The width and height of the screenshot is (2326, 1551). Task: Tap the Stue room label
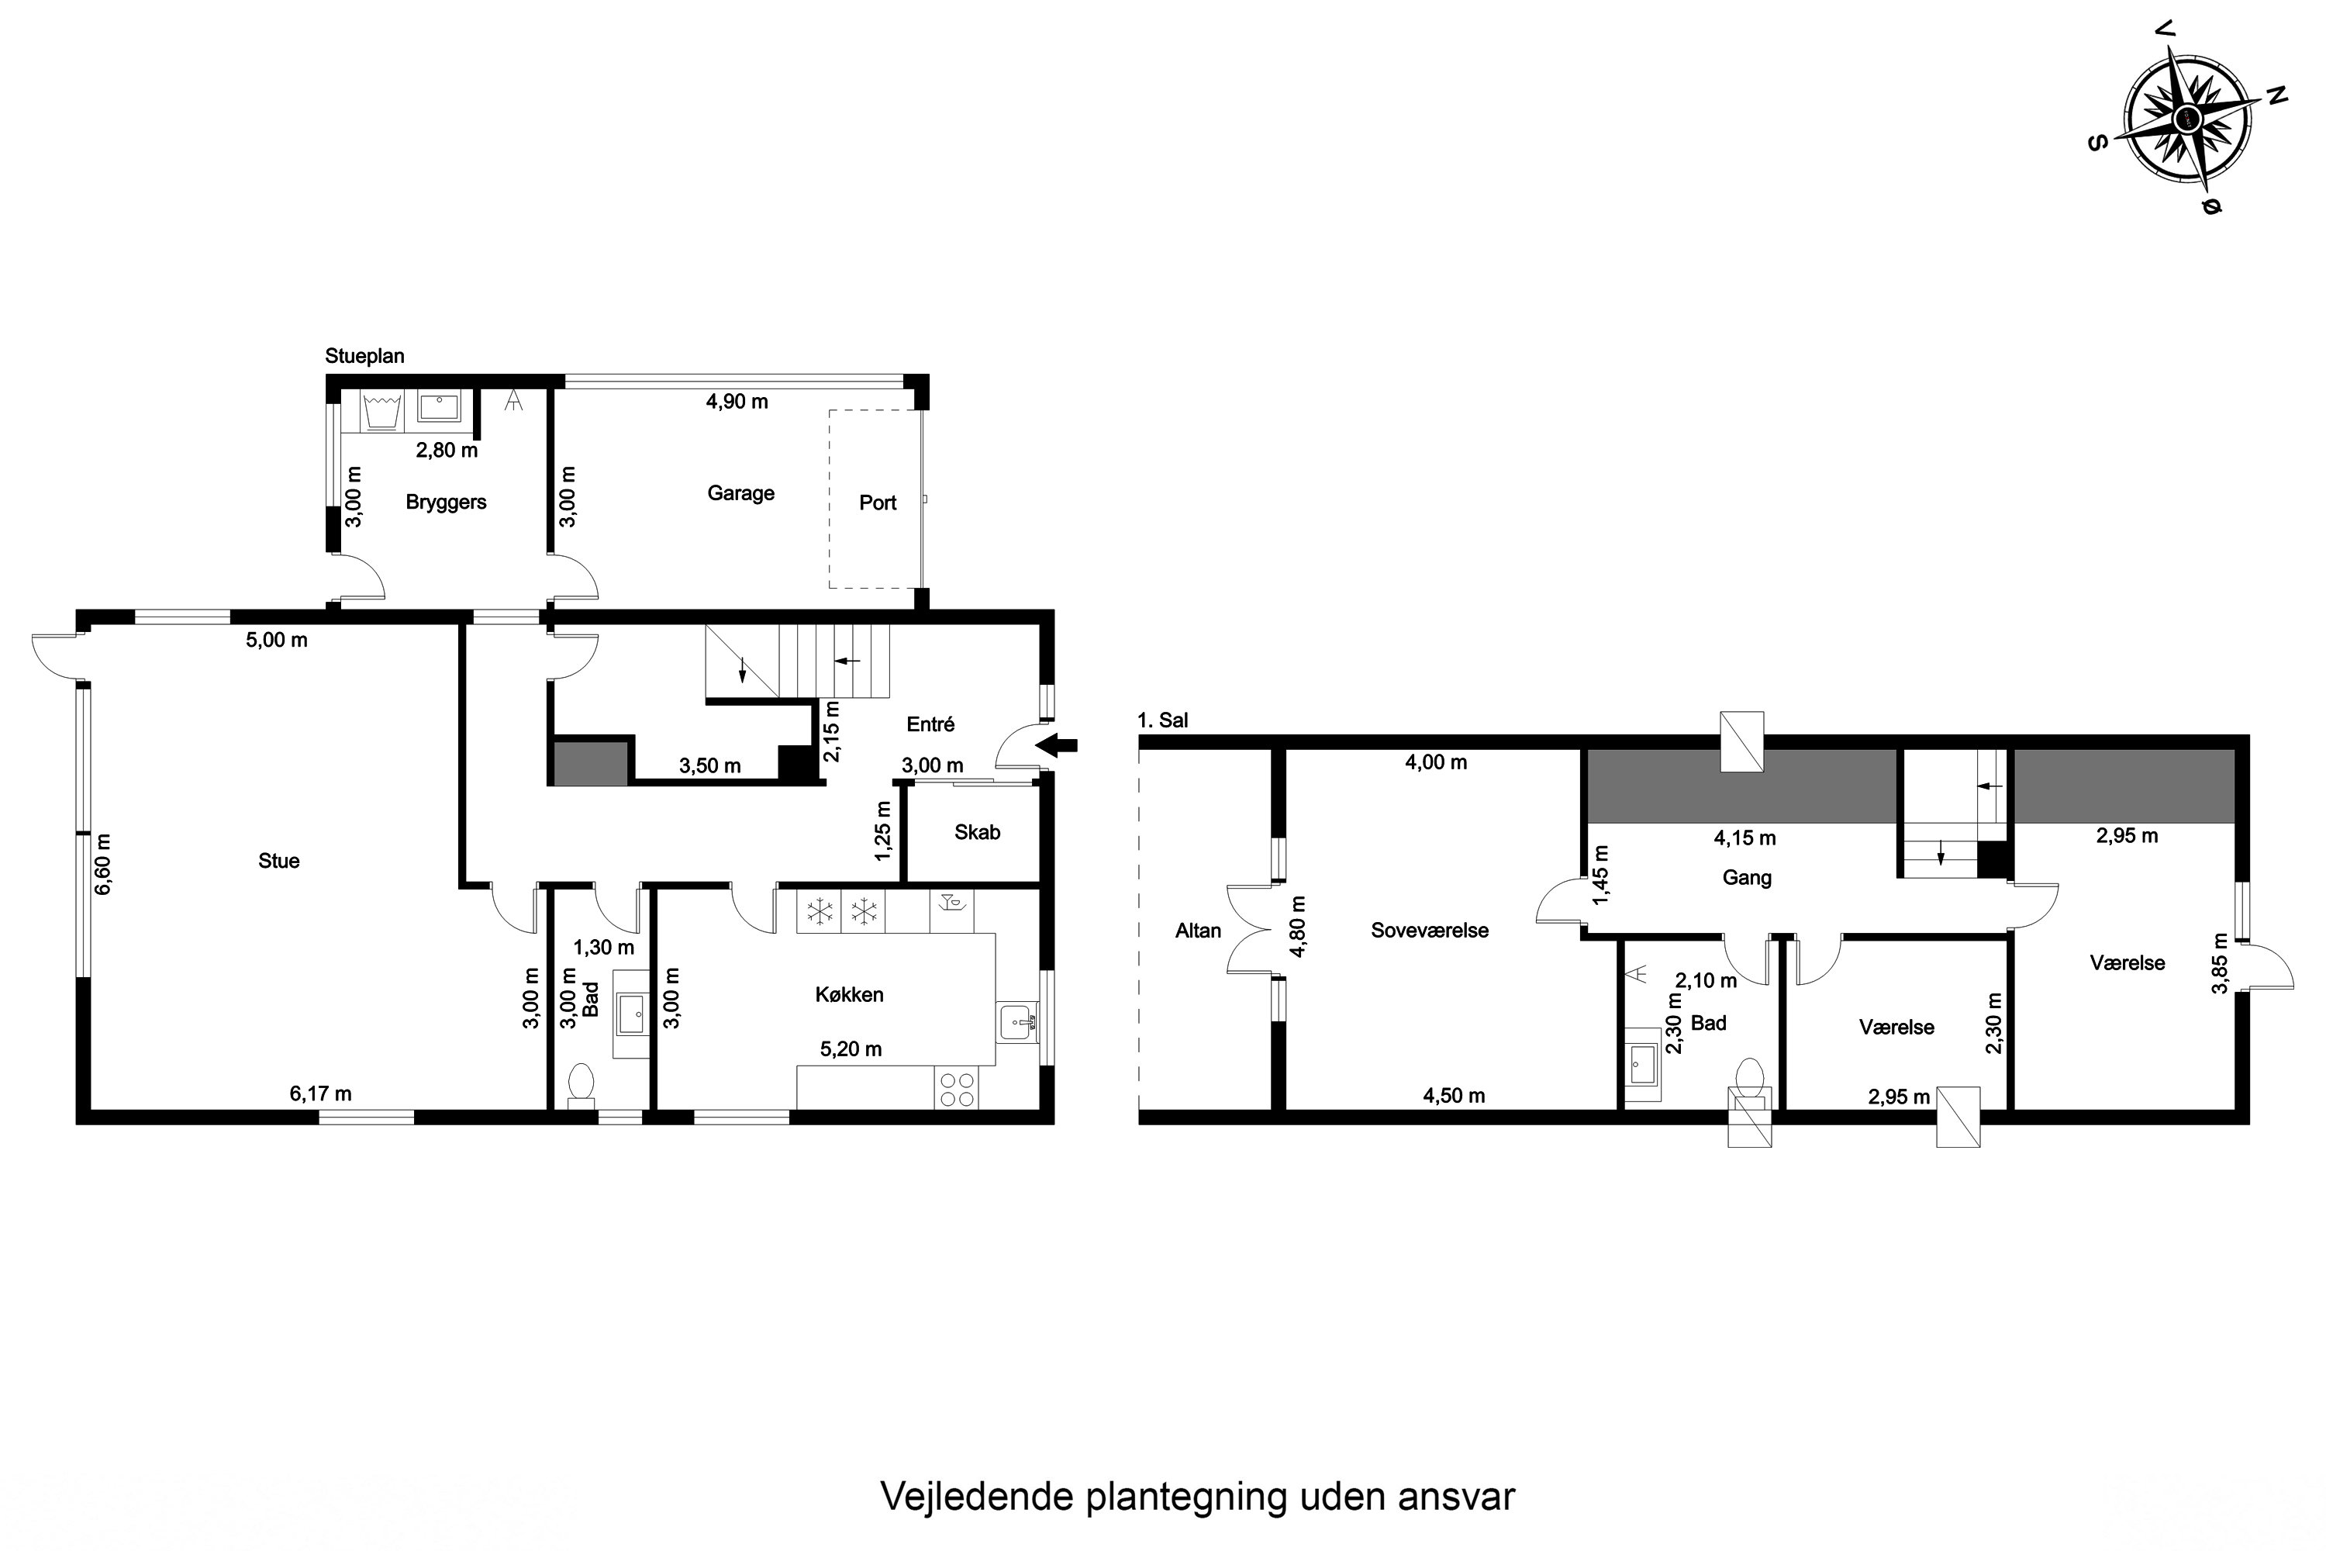279,861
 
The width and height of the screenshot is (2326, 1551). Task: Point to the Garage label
740,492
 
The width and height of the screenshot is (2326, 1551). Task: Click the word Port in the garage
877,503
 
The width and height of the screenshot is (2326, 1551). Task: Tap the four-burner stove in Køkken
956,1089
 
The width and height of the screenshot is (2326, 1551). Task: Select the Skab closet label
977,832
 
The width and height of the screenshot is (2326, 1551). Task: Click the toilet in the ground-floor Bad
581,1083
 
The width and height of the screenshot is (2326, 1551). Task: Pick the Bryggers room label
446,502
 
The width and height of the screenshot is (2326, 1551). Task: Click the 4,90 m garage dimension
737,402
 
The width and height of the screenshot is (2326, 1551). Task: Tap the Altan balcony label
1198,930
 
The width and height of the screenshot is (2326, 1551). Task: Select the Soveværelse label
1429,930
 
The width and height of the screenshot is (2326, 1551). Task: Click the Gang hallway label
1747,877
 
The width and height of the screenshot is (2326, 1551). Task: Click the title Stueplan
365,356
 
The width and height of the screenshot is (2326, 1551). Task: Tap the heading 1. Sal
1163,720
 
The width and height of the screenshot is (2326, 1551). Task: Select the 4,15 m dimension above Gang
1744,838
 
